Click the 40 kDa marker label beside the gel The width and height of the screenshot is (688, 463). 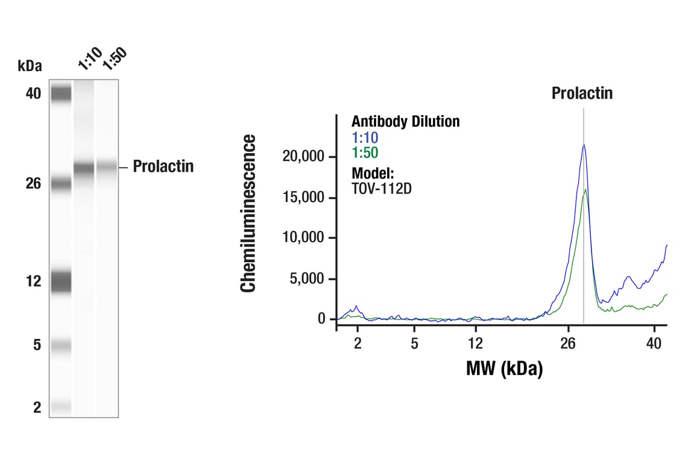coord(33,93)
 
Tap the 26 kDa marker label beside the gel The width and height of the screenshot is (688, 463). coord(33,183)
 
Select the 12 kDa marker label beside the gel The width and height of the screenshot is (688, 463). coord(34,281)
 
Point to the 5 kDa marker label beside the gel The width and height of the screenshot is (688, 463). coord(37,345)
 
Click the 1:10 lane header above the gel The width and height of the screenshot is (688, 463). coord(90,59)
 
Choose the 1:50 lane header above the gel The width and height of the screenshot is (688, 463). coord(115,59)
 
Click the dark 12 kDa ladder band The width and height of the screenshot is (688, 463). coord(60,281)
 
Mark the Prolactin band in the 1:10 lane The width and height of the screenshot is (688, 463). coord(84,168)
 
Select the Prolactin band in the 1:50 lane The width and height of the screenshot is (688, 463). coord(107,166)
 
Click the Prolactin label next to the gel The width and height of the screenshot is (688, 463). coord(163,166)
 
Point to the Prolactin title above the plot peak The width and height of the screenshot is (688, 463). coord(582,93)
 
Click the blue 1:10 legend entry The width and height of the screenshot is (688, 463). coord(365,138)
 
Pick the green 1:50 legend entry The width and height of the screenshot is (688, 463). coord(365,153)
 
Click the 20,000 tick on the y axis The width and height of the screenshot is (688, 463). coord(304,157)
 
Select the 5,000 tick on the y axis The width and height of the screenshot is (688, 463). coord(308,279)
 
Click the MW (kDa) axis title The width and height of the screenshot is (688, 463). coord(504,368)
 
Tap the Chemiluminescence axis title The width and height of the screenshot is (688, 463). coord(248,213)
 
